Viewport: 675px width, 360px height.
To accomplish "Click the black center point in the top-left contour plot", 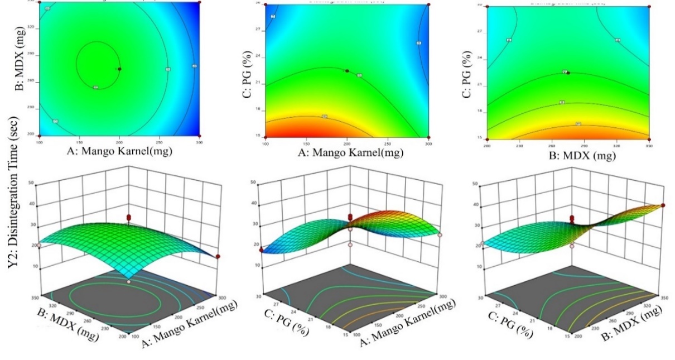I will click(119, 69).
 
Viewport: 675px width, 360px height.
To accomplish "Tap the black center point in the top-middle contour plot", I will click(347, 71).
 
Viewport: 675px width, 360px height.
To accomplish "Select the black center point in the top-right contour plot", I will click(568, 73).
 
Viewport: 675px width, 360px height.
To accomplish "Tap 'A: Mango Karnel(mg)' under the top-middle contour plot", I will click(346, 153).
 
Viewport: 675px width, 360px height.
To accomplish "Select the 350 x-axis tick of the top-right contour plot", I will click(649, 145).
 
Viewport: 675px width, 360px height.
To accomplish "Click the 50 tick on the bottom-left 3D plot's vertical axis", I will click(35, 183).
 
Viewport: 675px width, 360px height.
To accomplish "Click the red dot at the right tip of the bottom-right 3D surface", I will click(663, 205).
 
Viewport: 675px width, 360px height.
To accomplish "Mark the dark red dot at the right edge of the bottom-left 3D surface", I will click(218, 256).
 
